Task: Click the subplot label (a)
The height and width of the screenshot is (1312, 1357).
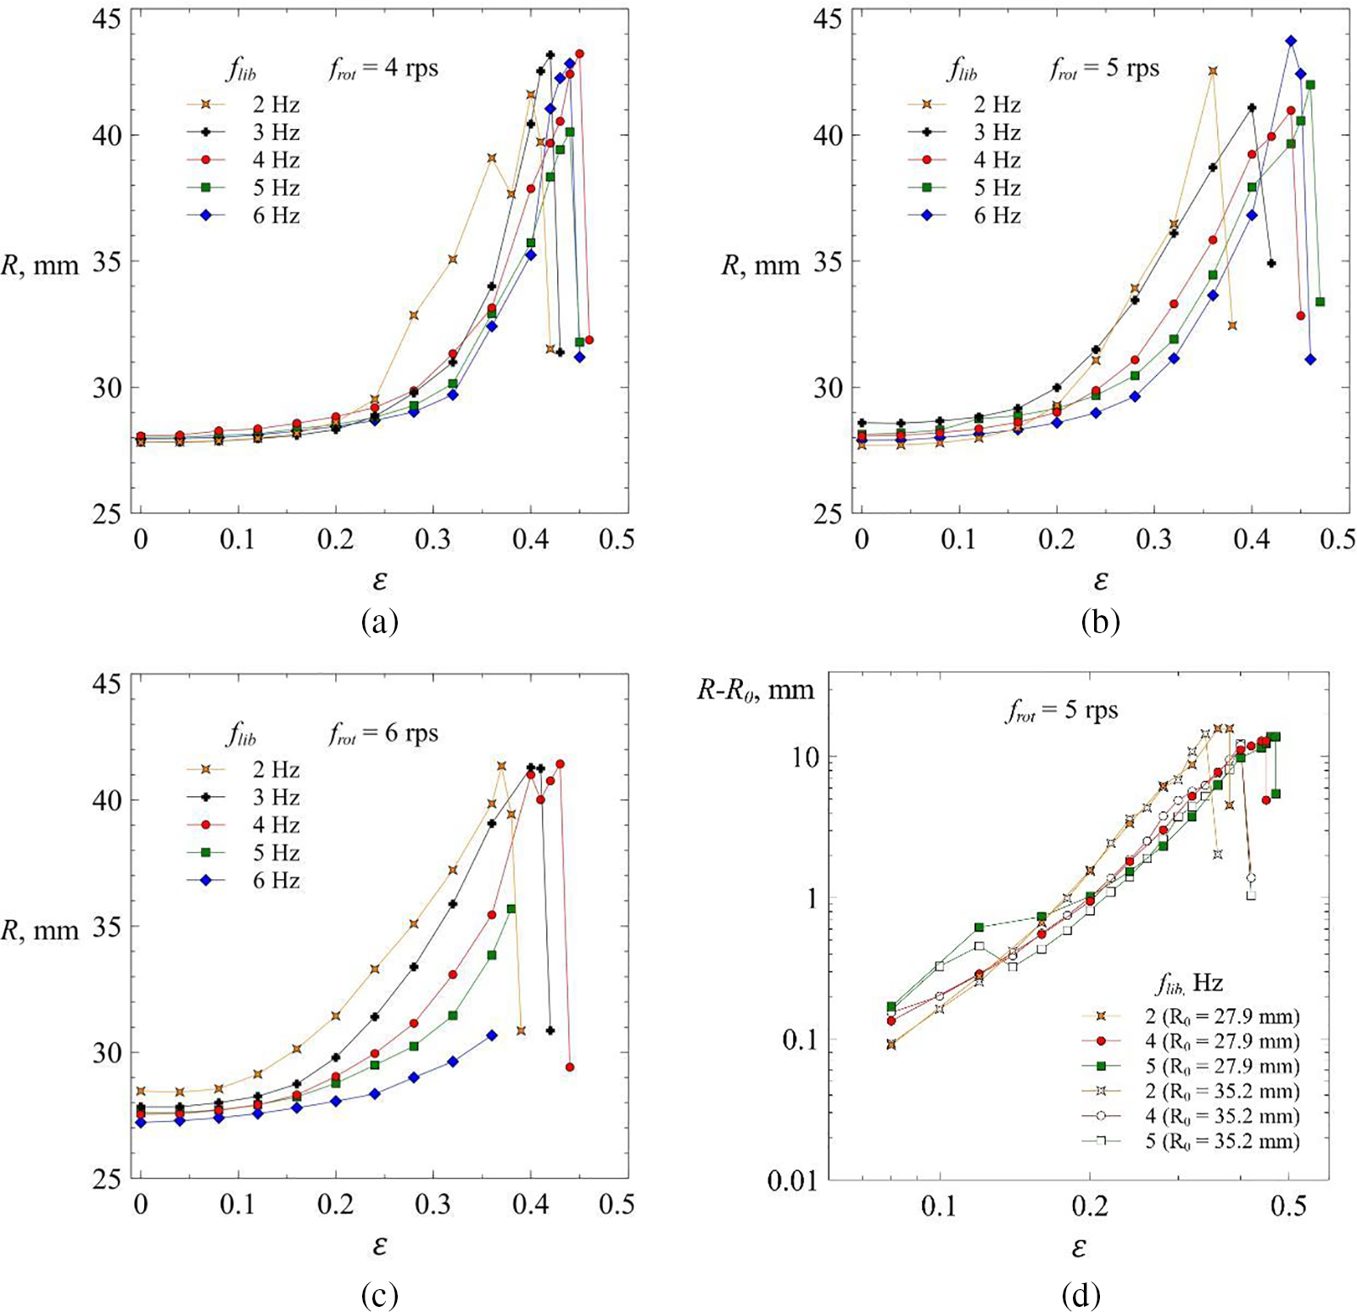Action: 379,622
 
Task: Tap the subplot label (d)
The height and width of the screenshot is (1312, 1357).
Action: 1081,1295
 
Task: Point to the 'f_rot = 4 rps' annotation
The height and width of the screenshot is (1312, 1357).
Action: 383,68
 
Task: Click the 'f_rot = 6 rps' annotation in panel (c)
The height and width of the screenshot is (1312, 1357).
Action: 383,733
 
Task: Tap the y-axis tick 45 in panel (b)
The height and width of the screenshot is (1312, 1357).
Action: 828,19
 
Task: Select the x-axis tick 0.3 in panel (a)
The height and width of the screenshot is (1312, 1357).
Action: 433,540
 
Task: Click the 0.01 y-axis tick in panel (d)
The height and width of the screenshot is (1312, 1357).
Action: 791,1180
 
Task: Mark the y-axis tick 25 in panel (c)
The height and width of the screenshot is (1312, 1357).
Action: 107,1179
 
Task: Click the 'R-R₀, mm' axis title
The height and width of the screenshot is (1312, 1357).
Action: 755,690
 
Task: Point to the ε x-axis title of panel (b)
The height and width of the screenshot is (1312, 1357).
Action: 1100,580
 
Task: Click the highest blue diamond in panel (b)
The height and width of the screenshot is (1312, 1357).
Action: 1291,41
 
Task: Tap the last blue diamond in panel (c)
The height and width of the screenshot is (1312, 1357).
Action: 492,1035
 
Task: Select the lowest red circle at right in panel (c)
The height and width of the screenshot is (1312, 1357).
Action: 570,1067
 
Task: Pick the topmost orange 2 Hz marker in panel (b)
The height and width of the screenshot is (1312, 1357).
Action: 1213,71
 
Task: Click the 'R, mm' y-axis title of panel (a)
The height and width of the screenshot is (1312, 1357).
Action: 40,266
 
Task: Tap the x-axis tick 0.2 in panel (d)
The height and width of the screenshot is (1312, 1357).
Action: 1090,1206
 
